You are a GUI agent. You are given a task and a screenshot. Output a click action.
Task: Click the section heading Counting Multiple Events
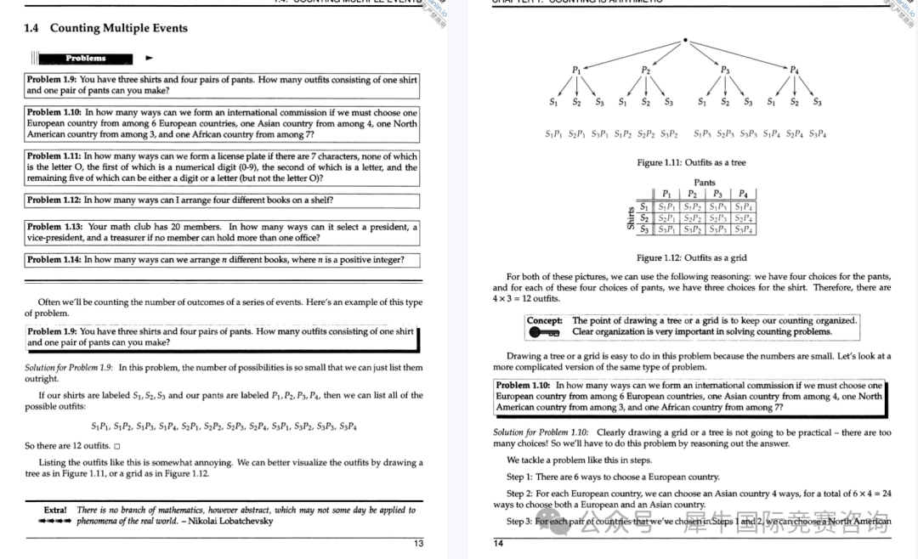[x=118, y=28]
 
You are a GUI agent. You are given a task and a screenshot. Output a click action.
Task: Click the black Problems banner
[x=86, y=59]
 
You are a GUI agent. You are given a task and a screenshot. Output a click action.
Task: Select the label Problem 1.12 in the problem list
[x=54, y=200]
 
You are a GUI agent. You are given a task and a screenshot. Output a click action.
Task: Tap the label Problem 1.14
[x=54, y=260]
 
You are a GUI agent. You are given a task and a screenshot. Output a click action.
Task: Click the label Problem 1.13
[x=54, y=227]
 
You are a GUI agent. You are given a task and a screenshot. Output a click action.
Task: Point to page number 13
[x=418, y=544]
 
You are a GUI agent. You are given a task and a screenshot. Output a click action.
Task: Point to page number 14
[x=498, y=544]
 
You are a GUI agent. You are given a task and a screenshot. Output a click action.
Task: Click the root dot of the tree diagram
[x=685, y=40]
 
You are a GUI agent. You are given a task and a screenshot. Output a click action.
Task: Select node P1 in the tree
[x=576, y=69]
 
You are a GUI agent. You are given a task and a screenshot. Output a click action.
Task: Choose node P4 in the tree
[x=794, y=69]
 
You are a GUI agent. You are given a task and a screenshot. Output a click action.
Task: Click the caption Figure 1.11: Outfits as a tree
[x=691, y=162]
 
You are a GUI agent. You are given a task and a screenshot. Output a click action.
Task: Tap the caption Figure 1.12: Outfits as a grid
[x=691, y=258]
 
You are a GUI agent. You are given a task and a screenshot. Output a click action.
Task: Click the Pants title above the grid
[x=705, y=183]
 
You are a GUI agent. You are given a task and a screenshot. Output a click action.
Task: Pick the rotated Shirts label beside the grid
[x=631, y=217]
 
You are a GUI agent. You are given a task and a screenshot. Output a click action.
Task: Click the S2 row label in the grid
[x=644, y=217]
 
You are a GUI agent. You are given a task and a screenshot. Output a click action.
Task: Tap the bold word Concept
[x=545, y=320]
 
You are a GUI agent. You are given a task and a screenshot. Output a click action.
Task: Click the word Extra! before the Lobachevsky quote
[x=56, y=511]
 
